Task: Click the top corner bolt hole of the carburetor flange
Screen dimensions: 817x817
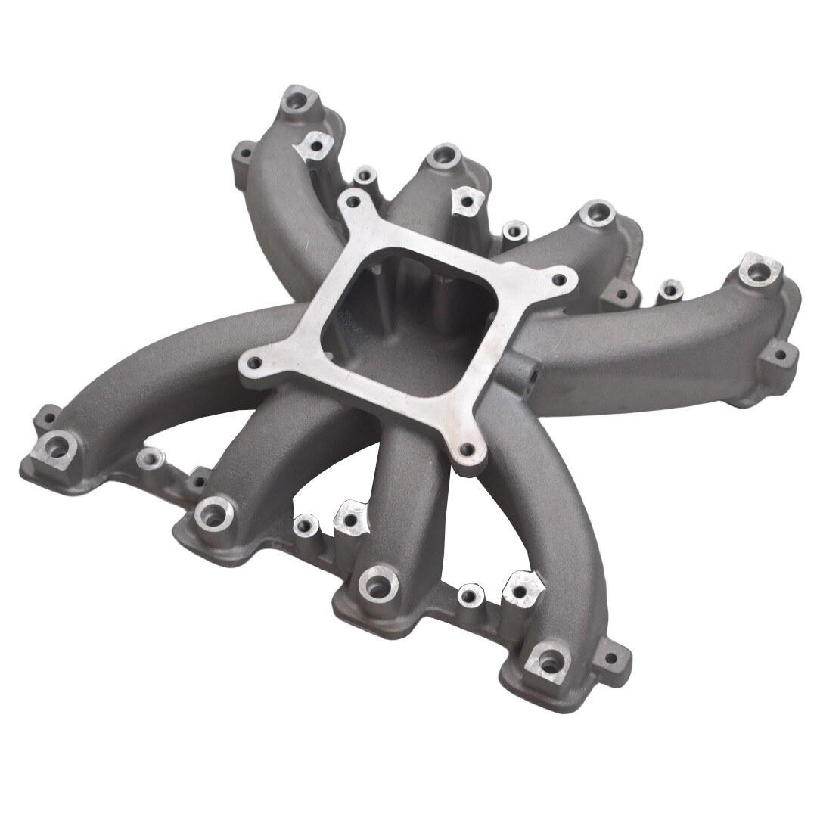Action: tap(349, 201)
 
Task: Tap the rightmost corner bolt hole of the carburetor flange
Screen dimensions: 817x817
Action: tap(559, 280)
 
